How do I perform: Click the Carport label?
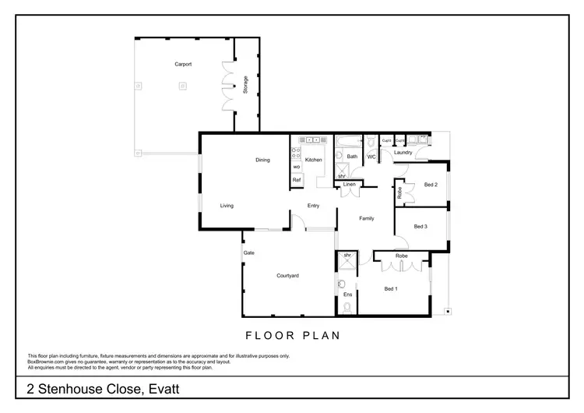183,65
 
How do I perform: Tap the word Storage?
246,85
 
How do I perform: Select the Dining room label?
262,161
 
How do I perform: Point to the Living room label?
227,206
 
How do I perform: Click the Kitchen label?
313,160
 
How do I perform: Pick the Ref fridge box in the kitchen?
297,180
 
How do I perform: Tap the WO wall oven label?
297,167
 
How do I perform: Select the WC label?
371,157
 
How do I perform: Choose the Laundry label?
403,153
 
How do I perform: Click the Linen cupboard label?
349,185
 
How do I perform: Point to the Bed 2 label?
431,185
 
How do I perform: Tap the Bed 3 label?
420,227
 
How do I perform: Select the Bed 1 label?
391,289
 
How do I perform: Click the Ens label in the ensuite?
347,295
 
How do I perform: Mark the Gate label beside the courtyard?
249,252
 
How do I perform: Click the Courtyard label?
288,276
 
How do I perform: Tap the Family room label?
366,218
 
